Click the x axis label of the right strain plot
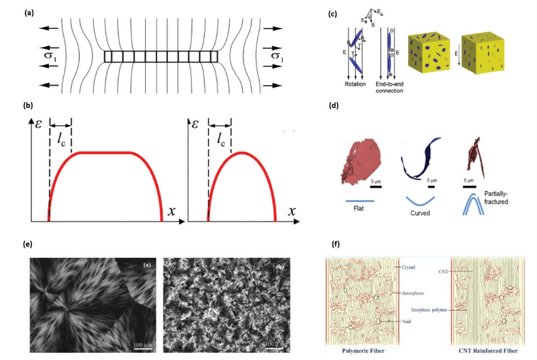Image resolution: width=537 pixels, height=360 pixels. click(x=292, y=211)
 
